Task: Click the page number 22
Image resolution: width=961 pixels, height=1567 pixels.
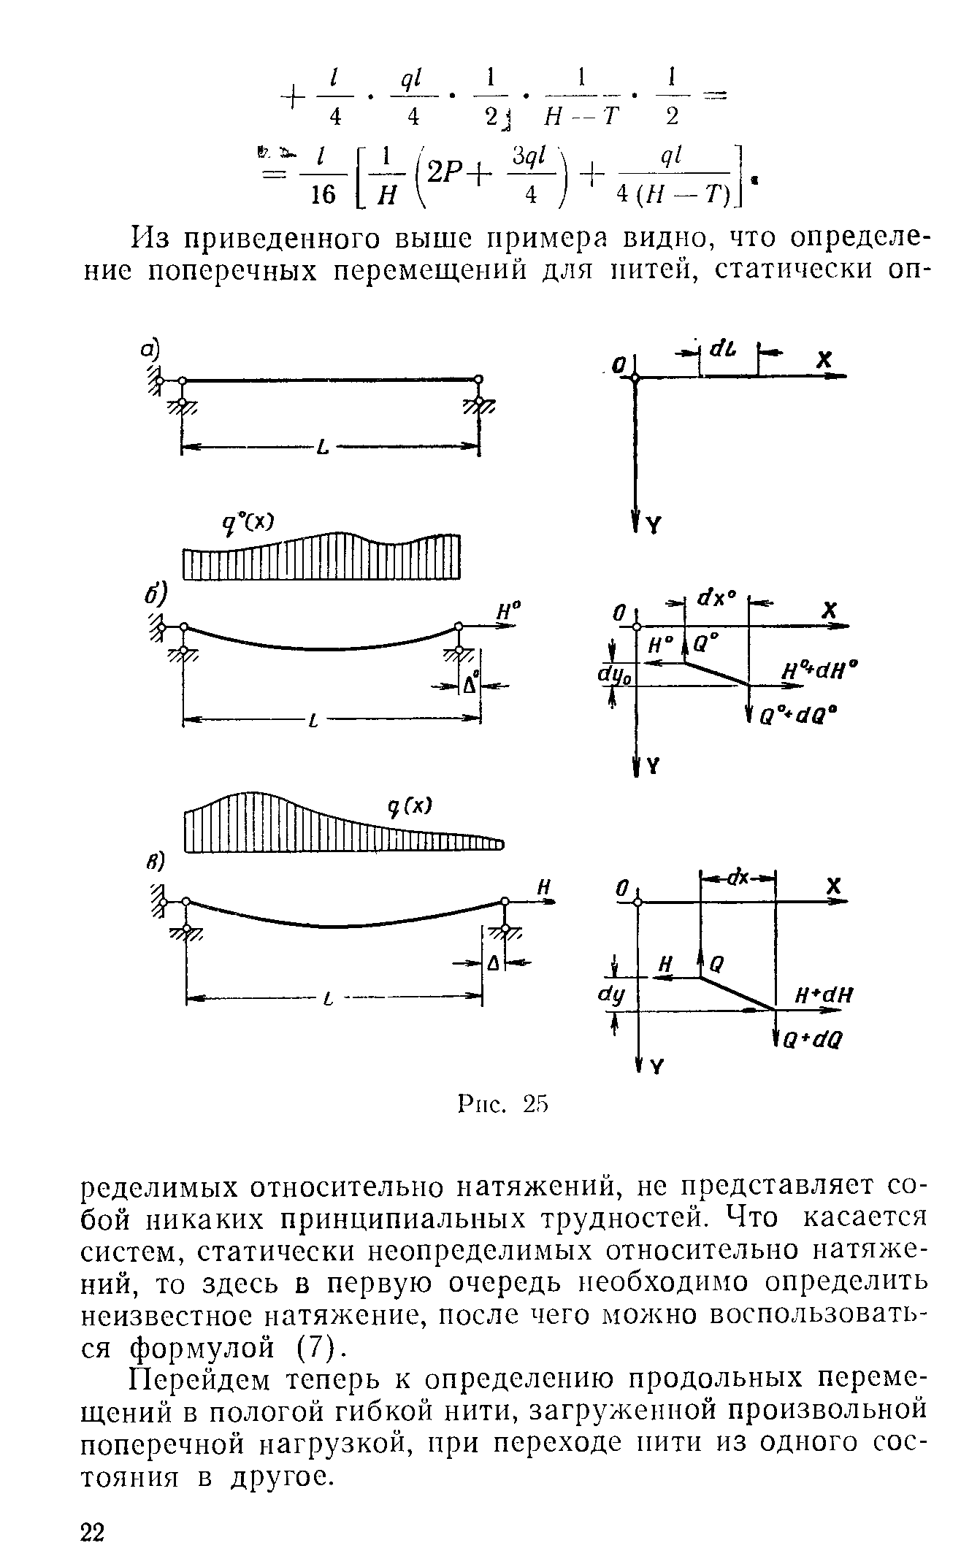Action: [x=93, y=1531]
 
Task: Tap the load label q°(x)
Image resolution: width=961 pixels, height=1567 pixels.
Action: [x=249, y=521]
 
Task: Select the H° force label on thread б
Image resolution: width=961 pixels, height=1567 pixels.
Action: [x=505, y=611]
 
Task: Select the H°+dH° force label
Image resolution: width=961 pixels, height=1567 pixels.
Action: [x=817, y=671]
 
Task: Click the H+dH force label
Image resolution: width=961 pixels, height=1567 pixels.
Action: [x=824, y=995]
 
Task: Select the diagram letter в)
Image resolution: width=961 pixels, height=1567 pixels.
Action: [x=150, y=862]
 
